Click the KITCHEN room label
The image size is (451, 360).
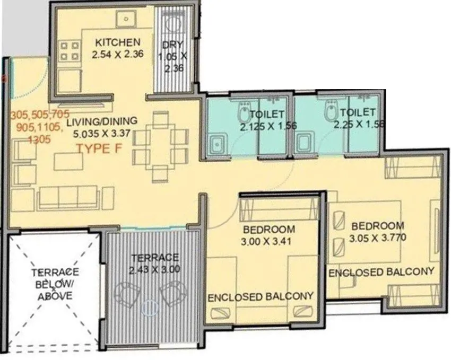coord(117,42)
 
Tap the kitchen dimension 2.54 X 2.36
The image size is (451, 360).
coord(117,53)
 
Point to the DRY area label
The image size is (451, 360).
coord(172,46)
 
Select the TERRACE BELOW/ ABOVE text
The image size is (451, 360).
coord(55,284)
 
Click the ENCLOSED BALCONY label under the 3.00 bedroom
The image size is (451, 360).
coord(260,296)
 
